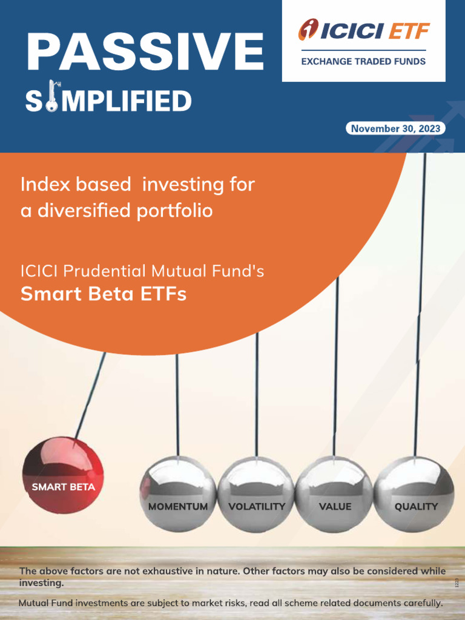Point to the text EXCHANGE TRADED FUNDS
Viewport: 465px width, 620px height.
[363, 61]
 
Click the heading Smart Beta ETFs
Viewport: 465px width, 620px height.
[103, 294]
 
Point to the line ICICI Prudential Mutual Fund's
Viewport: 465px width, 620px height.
[142, 271]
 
